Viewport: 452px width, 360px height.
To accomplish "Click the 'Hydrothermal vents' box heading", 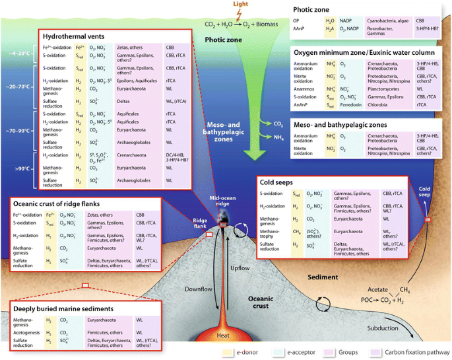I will (73, 36).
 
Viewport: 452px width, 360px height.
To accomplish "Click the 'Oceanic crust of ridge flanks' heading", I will (67, 203).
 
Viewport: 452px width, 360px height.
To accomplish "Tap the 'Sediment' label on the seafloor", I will (340, 277).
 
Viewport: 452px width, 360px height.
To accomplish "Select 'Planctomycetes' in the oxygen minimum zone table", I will (352, 89).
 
